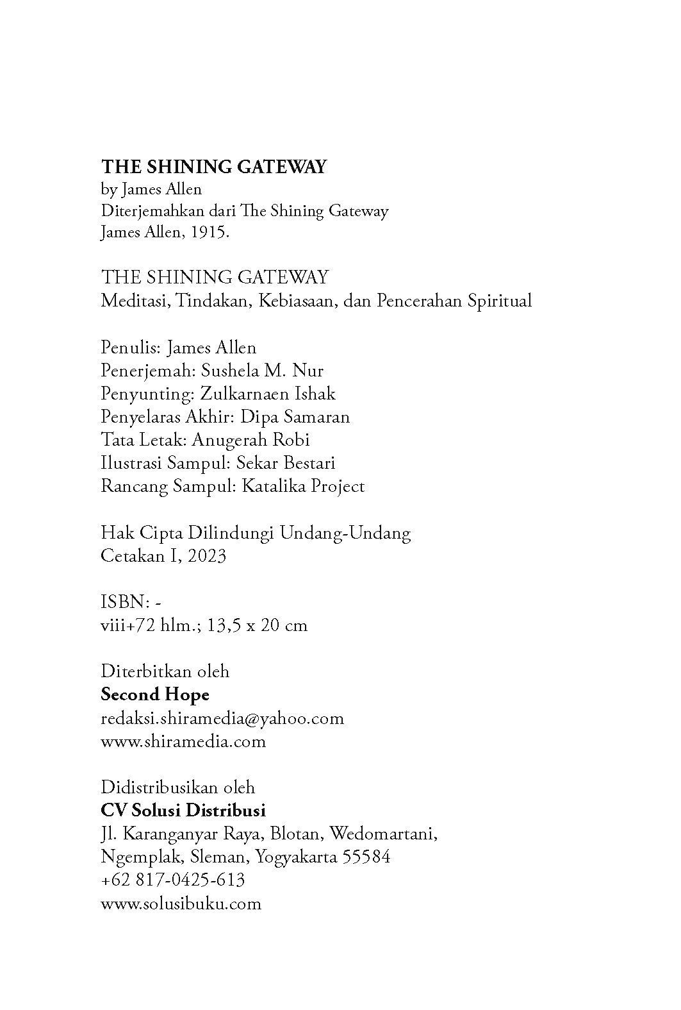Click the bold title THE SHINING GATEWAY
tap(213, 167)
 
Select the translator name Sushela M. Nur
tap(262, 371)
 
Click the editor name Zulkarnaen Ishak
tap(267, 394)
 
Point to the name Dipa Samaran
tap(295, 417)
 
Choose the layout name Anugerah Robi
tap(250, 440)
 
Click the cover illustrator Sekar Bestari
tap(286, 463)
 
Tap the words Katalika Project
tap(302, 486)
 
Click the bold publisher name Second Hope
tap(155, 694)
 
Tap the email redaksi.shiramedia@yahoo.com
tap(222, 718)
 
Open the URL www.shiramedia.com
tap(183, 741)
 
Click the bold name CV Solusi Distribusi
tap(183, 811)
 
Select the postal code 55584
tap(366, 857)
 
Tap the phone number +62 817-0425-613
tap(173, 880)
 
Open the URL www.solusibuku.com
tap(181, 904)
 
